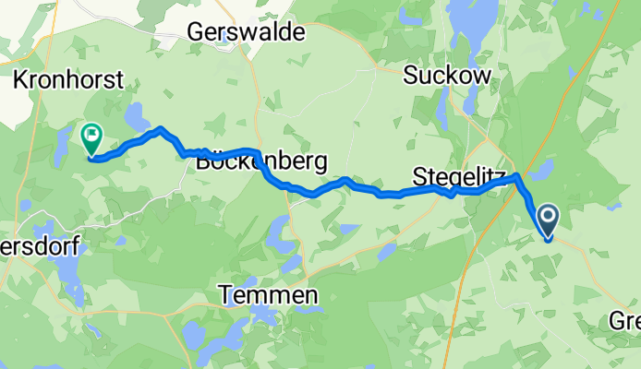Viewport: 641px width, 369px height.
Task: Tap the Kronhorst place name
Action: [68, 80]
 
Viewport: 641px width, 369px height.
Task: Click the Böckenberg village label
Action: [261, 162]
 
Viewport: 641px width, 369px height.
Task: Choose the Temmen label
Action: [269, 295]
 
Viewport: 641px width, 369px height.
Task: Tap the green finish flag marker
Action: [91, 139]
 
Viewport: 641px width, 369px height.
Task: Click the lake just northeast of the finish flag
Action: [137, 117]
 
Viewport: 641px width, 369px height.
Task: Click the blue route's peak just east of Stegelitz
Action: [517, 175]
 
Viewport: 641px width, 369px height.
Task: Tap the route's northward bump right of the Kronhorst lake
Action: [161, 129]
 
